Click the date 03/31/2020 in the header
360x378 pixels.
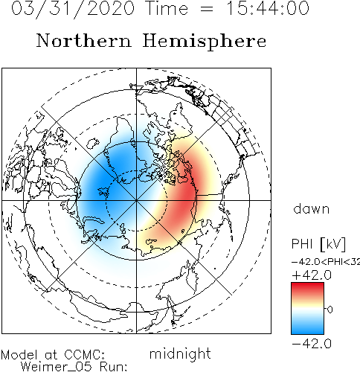click(x=73, y=9)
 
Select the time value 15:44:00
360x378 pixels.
click(x=269, y=8)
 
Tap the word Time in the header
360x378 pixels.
click(x=167, y=8)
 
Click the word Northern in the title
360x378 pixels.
click(x=84, y=40)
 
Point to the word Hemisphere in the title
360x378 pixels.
click(x=205, y=42)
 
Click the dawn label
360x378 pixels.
click(x=312, y=208)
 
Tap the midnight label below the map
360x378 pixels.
click(x=180, y=354)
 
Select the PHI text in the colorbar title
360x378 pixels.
click(x=302, y=244)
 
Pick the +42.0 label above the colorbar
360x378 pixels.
click(x=312, y=275)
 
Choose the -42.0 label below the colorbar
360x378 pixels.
click(x=312, y=344)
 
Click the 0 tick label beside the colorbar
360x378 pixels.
click(x=330, y=310)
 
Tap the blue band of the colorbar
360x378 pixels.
click(x=307, y=325)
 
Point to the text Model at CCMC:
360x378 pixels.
click(x=53, y=355)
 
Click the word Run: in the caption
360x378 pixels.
click(x=113, y=367)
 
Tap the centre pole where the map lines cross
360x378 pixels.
click(x=136, y=200)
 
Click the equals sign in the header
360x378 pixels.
click(x=207, y=9)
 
